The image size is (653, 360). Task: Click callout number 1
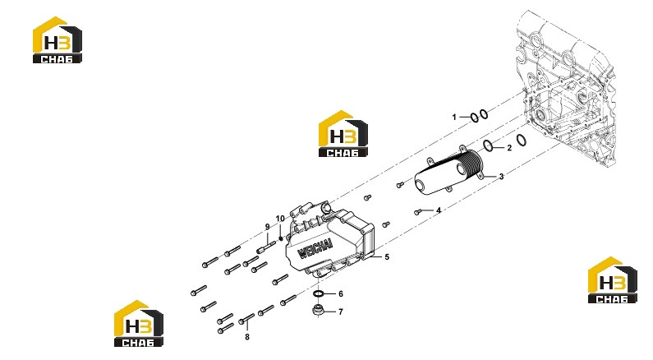point(454,117)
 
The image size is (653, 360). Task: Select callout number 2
point(509,148)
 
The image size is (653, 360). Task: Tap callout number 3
point(501,177)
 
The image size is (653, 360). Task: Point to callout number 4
point(439,210)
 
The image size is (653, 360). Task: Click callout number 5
point(387,257)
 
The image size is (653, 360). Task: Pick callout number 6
point(341,293)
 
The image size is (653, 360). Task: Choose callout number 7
point(341,312)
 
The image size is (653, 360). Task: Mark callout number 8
point(247,337)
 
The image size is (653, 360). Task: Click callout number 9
point(268,227)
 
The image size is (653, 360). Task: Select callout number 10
point(280,219)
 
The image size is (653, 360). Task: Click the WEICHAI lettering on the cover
point(315,248)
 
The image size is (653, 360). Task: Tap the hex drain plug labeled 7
point(319,311)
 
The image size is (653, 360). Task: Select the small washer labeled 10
point(281,238)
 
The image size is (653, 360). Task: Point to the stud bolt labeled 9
point(266,247)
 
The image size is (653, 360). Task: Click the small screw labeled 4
point(418,213)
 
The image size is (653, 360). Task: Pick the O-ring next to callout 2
point(489,145)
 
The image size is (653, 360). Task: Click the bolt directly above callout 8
point(246,319)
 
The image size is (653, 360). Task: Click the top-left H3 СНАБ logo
point(57,40)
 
